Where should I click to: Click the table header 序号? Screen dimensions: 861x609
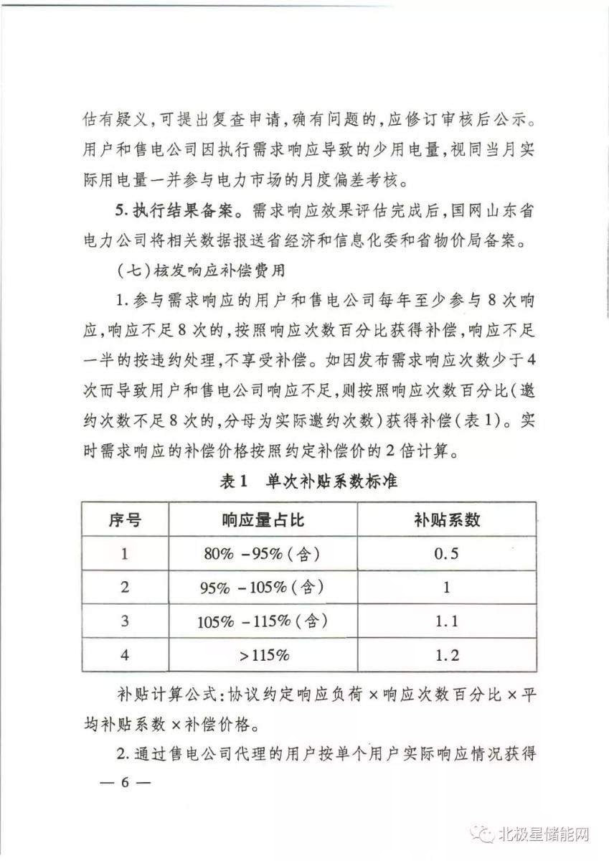(125, 519)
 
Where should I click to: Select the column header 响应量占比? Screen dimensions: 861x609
(263, 519)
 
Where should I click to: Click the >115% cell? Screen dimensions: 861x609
(262, 655)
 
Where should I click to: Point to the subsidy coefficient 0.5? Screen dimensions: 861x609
(446, 553)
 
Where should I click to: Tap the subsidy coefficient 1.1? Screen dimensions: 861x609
(446, 621)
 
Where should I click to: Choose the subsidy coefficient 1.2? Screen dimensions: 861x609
(446, 655)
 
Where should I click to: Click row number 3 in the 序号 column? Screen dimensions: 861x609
(125, 621)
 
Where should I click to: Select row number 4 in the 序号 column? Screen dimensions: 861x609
(125, 655)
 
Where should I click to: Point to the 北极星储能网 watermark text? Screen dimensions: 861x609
(547, 834)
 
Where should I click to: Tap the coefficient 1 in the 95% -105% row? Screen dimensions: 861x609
(446, 587)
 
